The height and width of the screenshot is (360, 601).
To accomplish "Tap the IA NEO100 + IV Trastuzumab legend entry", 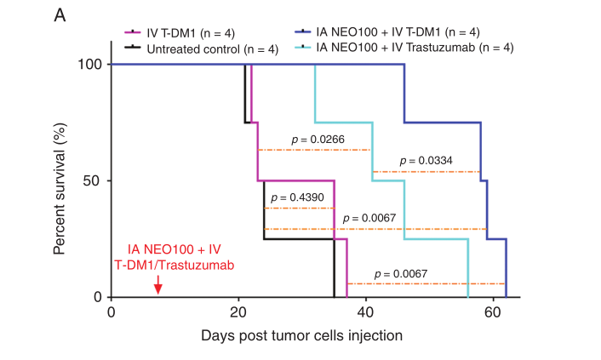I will (x=414, y=49).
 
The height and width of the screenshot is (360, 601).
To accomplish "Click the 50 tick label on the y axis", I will (x=94, y=180).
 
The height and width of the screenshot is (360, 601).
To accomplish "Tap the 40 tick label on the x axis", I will (x=365, y=311).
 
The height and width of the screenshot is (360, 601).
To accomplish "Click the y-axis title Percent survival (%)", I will (x=60, y=180).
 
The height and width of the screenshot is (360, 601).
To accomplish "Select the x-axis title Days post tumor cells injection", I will (x=301, y=335).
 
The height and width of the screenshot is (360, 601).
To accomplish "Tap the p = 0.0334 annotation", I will (x=428, y=160).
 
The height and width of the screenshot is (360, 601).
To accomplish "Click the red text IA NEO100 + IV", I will (x=174, y=249).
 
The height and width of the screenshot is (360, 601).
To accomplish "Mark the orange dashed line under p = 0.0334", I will (x=426, y=172).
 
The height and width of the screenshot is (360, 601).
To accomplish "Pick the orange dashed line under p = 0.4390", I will (x=299, y=208).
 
